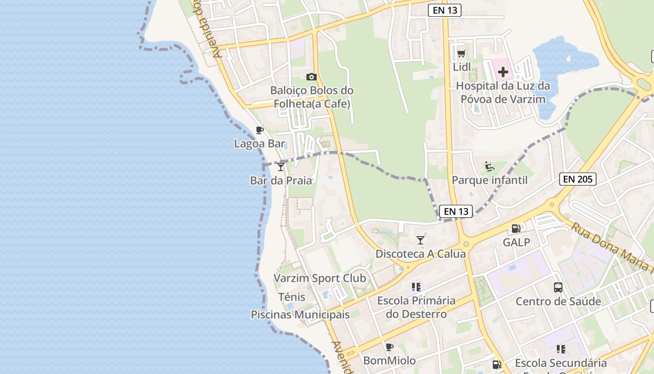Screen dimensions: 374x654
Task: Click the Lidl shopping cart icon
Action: (462, 53)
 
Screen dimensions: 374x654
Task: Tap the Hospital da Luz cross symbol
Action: (503, 72)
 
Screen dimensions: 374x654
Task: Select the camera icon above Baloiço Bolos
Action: (312, 77)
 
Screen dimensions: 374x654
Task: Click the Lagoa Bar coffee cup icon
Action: (260, 130)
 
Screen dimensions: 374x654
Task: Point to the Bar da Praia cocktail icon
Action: (281, 166)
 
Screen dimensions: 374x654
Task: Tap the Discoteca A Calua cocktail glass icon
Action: (420, 240)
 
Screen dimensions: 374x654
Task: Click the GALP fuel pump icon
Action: (516, 229)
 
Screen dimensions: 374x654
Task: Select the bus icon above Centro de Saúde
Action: (558, 287)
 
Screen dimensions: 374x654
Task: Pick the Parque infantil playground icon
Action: (490, 166)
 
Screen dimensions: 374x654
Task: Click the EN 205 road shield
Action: (578, 179)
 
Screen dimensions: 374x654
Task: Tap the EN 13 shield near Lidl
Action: (445, 10)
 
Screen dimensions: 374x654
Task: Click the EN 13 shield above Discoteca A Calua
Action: (456, 211)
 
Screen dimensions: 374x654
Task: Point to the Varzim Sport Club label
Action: (320, 278)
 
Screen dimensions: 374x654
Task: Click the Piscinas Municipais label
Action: (300, 315)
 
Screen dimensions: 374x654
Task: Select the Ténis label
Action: (291, 297)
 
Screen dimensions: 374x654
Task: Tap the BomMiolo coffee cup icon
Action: (389, 347)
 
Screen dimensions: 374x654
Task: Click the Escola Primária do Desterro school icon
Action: (416, 287)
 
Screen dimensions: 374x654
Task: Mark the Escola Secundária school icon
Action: (561, 349)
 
